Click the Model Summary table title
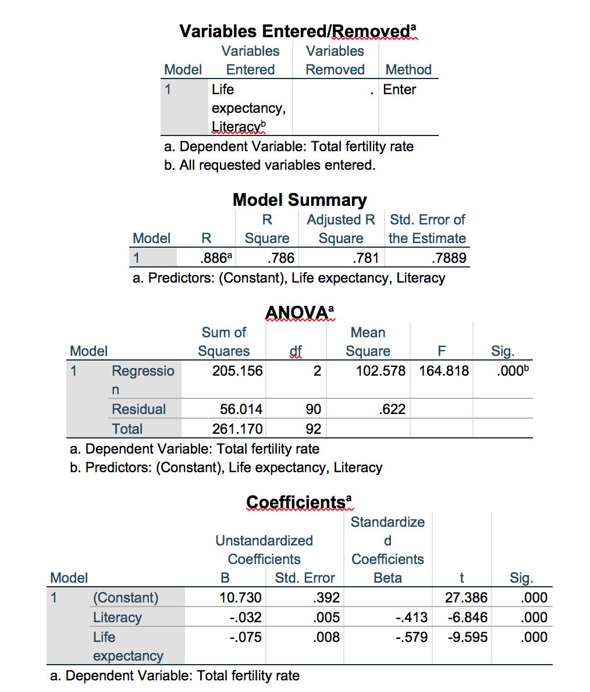(x=300, y=199)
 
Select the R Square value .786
(x=280, y=258)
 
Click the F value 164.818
(x=444, y=370)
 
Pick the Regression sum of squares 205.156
(x=237, y=370)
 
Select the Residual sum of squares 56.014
(x=241, y=409)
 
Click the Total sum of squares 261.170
(x=237, y=429)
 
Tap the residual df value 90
(x=313, y=409)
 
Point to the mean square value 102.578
(x=381, y=370)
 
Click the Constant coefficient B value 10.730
(x=240, y=597)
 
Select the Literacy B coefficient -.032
(x=244, y=617)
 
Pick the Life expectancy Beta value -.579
(x=411, y=637)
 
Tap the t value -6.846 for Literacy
(x=467, y=617)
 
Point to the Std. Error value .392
(x=326, y=597)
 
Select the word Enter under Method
(x=400, y=90)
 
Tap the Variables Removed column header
(x=335, y=60)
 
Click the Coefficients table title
(x=296, y=502)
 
